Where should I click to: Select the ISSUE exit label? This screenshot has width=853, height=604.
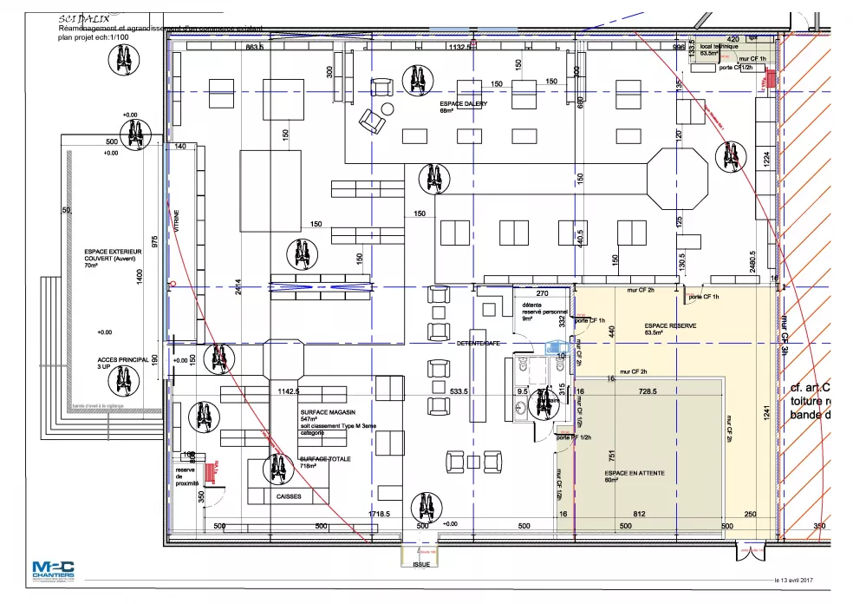[x=421, y=563]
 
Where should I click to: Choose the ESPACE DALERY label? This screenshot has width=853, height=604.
[x=464, y=104]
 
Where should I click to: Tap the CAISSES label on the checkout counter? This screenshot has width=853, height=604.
[x=289, y=496]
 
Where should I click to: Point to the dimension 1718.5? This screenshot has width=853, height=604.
[x=378, y=515]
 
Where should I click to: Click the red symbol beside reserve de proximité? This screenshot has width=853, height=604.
[x=209, y=472]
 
